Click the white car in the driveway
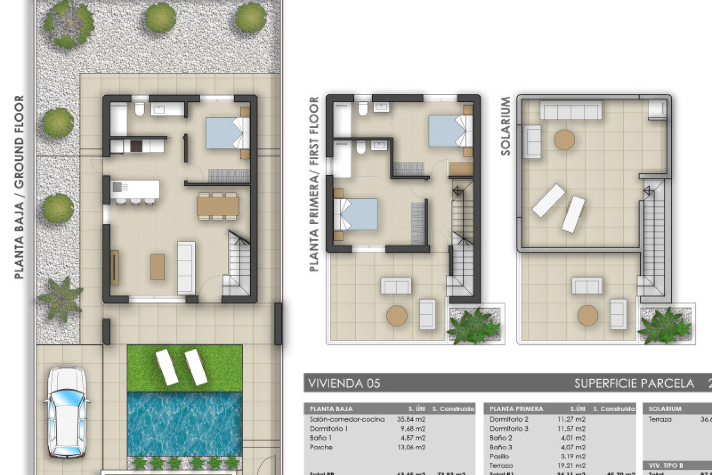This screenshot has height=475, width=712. (x=67, y=412)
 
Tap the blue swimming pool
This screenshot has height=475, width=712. (x=184, y=423)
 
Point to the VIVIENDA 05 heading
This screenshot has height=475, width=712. (x=344, y=383)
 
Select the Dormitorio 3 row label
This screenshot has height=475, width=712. (x=509, y=429)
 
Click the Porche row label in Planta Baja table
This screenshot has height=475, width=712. (x=321, y=447)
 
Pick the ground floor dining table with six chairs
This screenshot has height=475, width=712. (x=218, y=206)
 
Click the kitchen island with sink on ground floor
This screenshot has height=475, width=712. (x=135, y=190)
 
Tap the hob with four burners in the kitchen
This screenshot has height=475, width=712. (x=136, y=145)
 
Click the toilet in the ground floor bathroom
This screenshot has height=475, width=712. (x=140, y=109)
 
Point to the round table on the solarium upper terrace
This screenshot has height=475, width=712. (x=564, y=140)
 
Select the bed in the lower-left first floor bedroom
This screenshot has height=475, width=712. (x=356, y=214)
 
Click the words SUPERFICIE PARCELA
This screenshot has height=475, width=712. (x=634, y=383)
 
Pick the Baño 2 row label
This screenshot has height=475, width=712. (x=501, y=438)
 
